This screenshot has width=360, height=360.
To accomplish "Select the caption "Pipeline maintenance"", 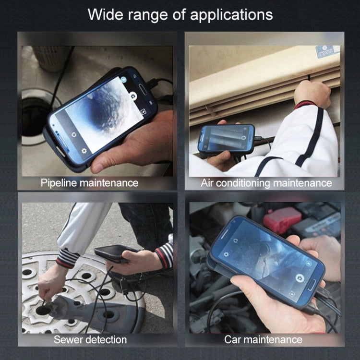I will point(89,183).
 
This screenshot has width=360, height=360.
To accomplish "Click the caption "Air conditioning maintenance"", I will point(266,183).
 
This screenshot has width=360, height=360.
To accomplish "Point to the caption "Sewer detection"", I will point(90,340).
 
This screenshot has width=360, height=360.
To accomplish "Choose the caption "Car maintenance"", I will point(264,340).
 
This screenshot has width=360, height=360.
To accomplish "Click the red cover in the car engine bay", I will point(282,219).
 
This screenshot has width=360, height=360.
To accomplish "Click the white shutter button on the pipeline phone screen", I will point(133,96).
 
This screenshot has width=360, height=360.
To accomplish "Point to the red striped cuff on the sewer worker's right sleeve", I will point(66,261).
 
